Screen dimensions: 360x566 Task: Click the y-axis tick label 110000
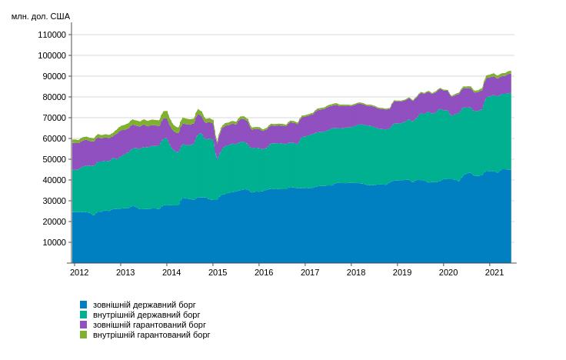pos(52,35)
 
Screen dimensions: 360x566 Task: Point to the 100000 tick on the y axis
pos(52,55)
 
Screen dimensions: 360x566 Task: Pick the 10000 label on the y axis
pos(54,242)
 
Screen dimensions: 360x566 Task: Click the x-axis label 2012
pos(79,272)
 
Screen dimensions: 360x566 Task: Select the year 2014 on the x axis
pos(171,272)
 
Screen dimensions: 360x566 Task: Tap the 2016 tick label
pos(264,272)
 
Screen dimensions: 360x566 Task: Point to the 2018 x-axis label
pos(356,272)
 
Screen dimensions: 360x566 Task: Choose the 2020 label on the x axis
pos(448,272)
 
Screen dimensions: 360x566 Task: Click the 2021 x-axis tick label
pos(494,272)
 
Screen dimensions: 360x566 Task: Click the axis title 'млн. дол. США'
pos(41,16)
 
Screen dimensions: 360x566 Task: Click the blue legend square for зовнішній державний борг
pos(84,305)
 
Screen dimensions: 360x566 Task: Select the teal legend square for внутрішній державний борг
pos(84,315)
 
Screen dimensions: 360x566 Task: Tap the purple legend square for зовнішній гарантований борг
pos(84,325)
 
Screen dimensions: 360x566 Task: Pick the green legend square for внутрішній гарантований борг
pos(84,335)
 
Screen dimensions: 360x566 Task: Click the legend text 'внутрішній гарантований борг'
pos(151,335)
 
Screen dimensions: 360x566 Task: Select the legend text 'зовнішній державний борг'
pos(145,305)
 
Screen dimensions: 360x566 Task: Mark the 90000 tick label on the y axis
pos(54,76)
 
